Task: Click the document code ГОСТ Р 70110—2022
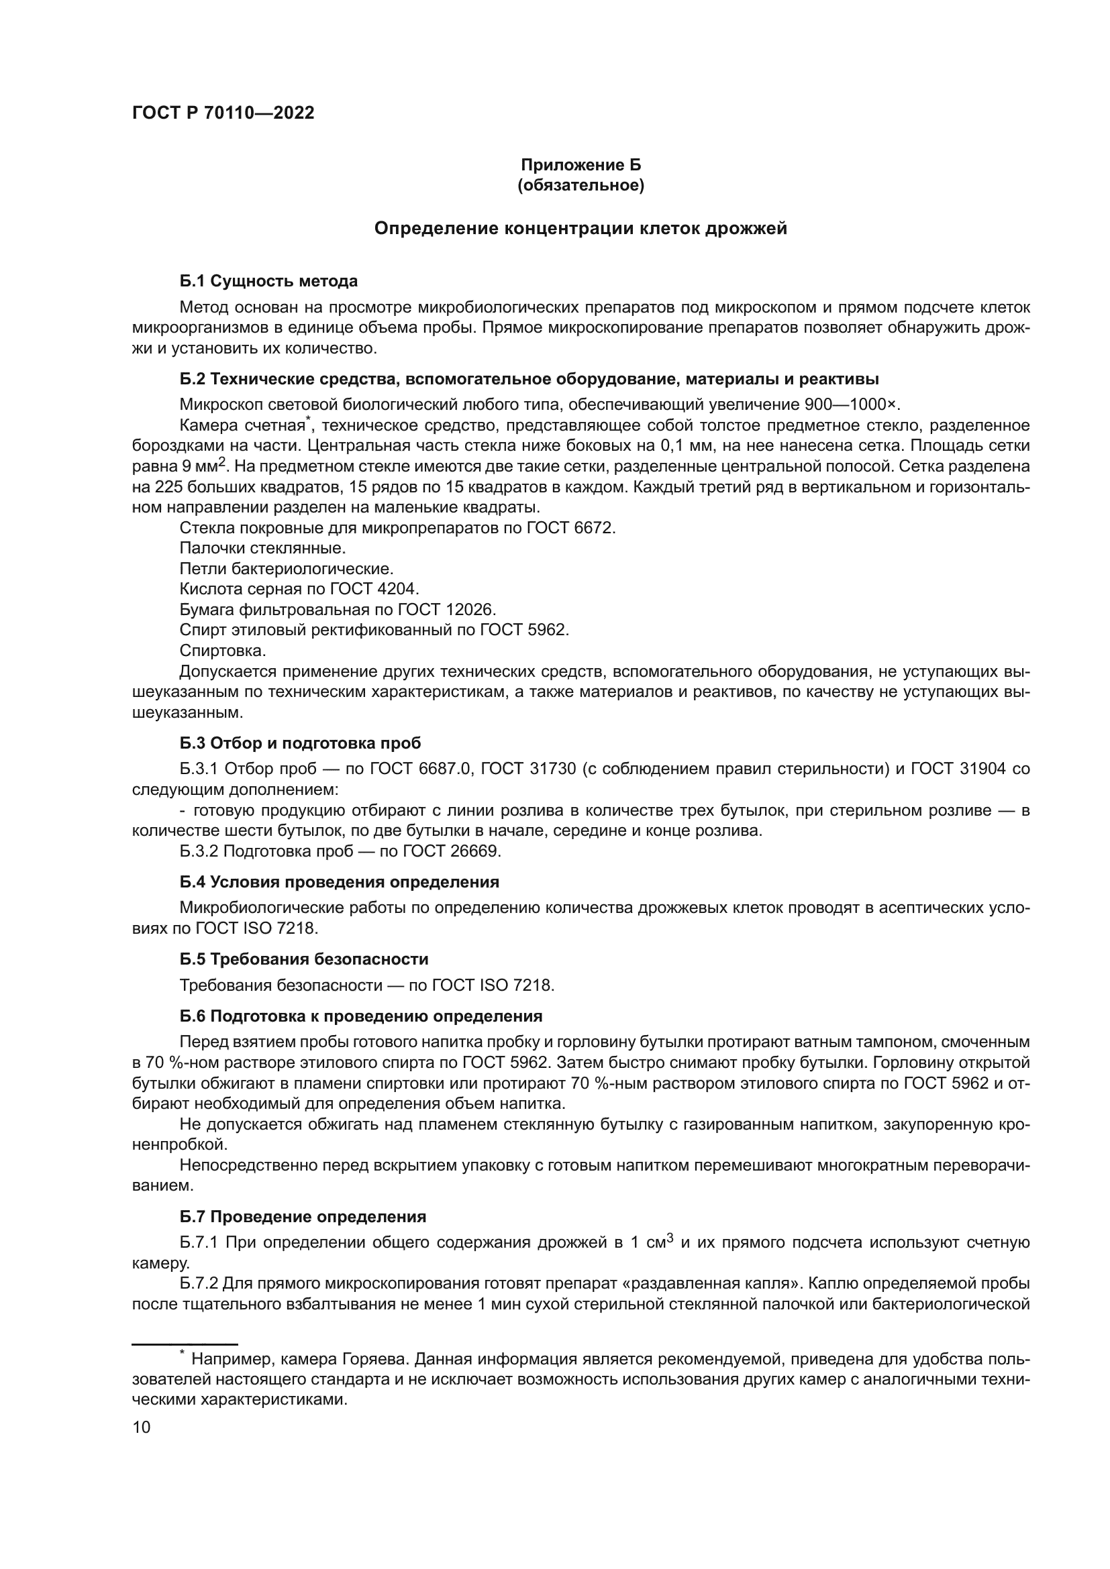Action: (x=223, y=113)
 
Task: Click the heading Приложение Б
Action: (x=581, y=165)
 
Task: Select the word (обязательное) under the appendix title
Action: (x=581, y=185)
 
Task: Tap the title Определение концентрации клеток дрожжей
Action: (x=581, y=228)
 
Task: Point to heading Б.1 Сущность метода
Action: (x=268, y=281)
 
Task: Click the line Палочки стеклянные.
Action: (x=262, y=548)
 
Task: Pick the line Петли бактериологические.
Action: (x=287, y=569)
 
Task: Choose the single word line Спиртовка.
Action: (x=223, y=650)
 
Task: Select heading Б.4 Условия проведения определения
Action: (x=339, y=882)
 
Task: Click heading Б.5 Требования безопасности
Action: (x=303, y=959)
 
